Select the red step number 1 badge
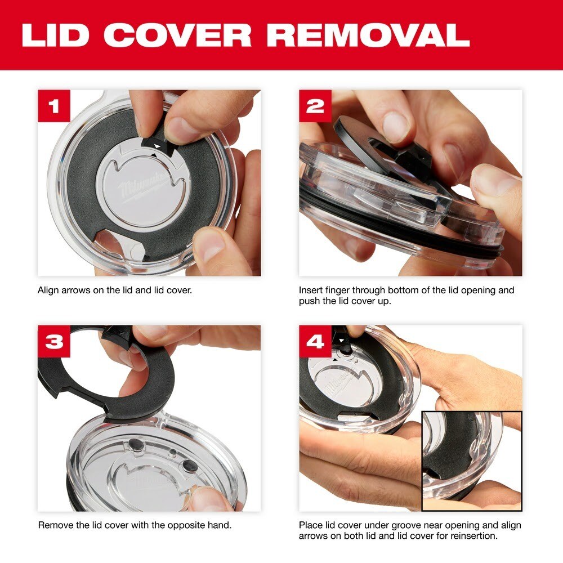[54, 106]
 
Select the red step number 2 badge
[315, 106]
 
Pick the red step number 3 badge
[54, 341]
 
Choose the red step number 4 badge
[315, 341]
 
